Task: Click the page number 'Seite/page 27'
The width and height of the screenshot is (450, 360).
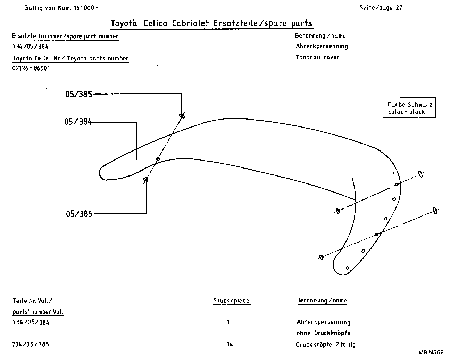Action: point(381,8)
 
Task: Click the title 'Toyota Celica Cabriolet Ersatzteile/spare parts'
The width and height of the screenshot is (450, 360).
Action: point(211,23)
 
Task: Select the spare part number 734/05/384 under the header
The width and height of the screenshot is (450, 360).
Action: point(31,46)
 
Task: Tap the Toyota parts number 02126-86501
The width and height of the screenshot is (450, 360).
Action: point(31,68)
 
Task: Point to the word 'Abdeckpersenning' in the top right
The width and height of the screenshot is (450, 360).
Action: point(322,46)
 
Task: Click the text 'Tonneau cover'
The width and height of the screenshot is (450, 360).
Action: point(317,57)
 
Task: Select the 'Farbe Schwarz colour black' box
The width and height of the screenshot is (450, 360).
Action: point(409,108)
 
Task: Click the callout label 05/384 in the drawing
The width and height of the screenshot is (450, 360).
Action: point(78,122)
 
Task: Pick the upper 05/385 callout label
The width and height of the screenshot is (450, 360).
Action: point(79,94)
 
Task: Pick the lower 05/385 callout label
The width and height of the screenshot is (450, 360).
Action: point(79,214)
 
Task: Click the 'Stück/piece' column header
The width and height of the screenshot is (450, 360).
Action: point(231,301)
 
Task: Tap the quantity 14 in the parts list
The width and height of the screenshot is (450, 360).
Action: point(230,344)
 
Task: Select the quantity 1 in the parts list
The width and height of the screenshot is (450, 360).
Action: point(228,322)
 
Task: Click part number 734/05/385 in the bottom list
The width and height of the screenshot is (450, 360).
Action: point(31,344)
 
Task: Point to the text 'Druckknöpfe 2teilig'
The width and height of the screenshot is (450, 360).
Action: point(325,345)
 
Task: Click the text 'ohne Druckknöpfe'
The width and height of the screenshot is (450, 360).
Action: point(323,333)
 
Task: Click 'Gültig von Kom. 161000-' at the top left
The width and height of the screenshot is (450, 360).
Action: point(61,8)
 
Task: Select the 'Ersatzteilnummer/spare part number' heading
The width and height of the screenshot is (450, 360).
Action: point(65,36)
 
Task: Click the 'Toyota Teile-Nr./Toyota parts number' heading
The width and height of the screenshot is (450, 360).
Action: point(70,58)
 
